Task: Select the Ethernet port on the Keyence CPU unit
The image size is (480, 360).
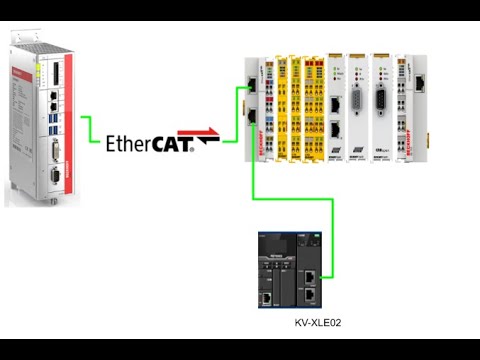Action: [x=267, y=297]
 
